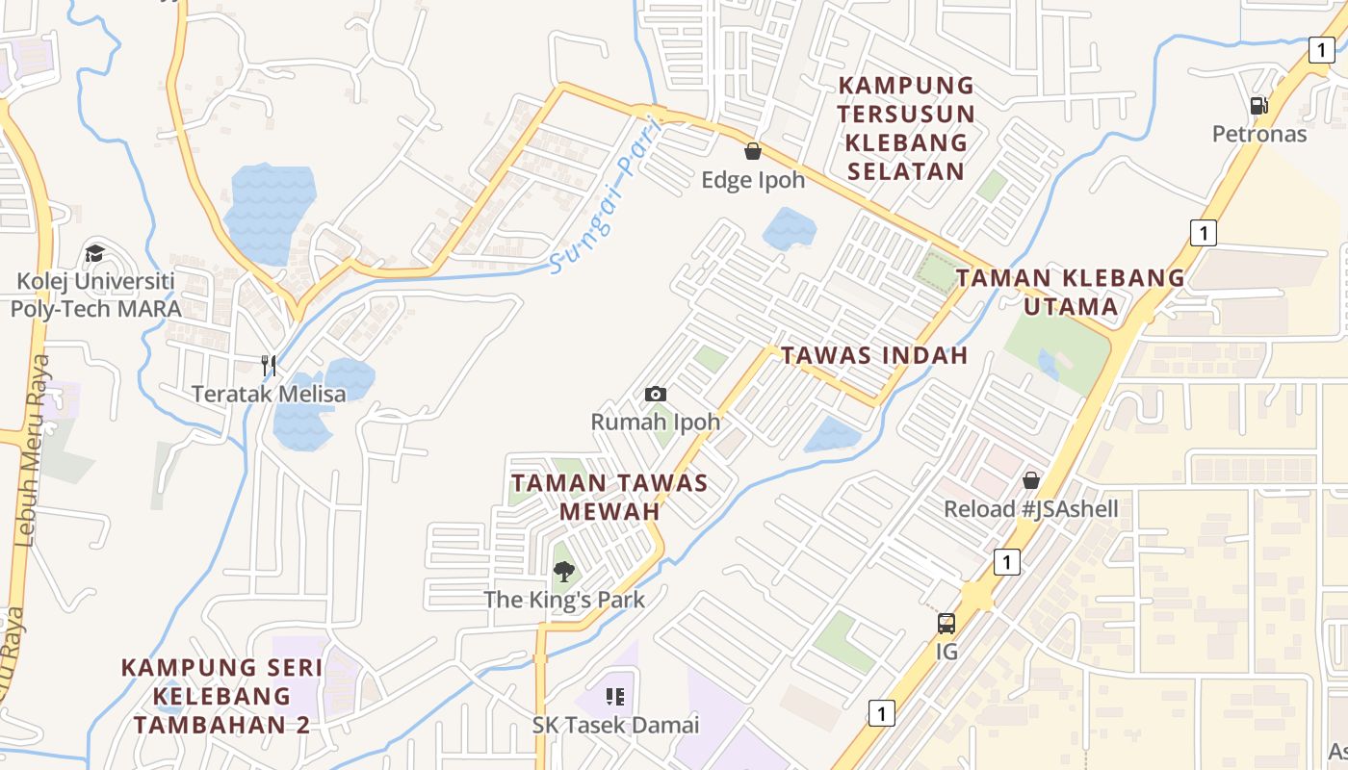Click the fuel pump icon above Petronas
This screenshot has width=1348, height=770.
click(x=1257, y=106)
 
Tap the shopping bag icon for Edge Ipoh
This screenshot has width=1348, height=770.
click(x=753, y=151)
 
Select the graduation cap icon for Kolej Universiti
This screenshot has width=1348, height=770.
click(x=94, y=253)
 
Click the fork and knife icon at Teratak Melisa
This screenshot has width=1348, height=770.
click(x=269, y=366)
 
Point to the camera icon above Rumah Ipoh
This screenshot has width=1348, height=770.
click(x=656, y=394)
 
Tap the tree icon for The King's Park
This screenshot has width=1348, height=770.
click(x=564, y=572)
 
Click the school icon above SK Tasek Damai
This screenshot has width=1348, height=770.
click(x=615, y=696)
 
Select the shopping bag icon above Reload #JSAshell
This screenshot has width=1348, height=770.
click(x=1031, y=479)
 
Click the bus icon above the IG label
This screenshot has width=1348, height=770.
click(x=946, y=623)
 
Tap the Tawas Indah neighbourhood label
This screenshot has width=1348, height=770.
click(x=873, y=355)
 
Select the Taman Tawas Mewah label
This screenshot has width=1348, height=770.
click(x=609, y=497)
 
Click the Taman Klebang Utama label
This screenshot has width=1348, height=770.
click(x=1070, y=293)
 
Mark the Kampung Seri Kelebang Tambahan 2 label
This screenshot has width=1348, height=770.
click(x=221, y=696)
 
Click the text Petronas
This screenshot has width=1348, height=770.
click(x=1258, y=134)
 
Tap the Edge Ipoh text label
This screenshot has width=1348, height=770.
click(x=753, y=180)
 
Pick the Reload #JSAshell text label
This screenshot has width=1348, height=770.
click(x=1030, y=509)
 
